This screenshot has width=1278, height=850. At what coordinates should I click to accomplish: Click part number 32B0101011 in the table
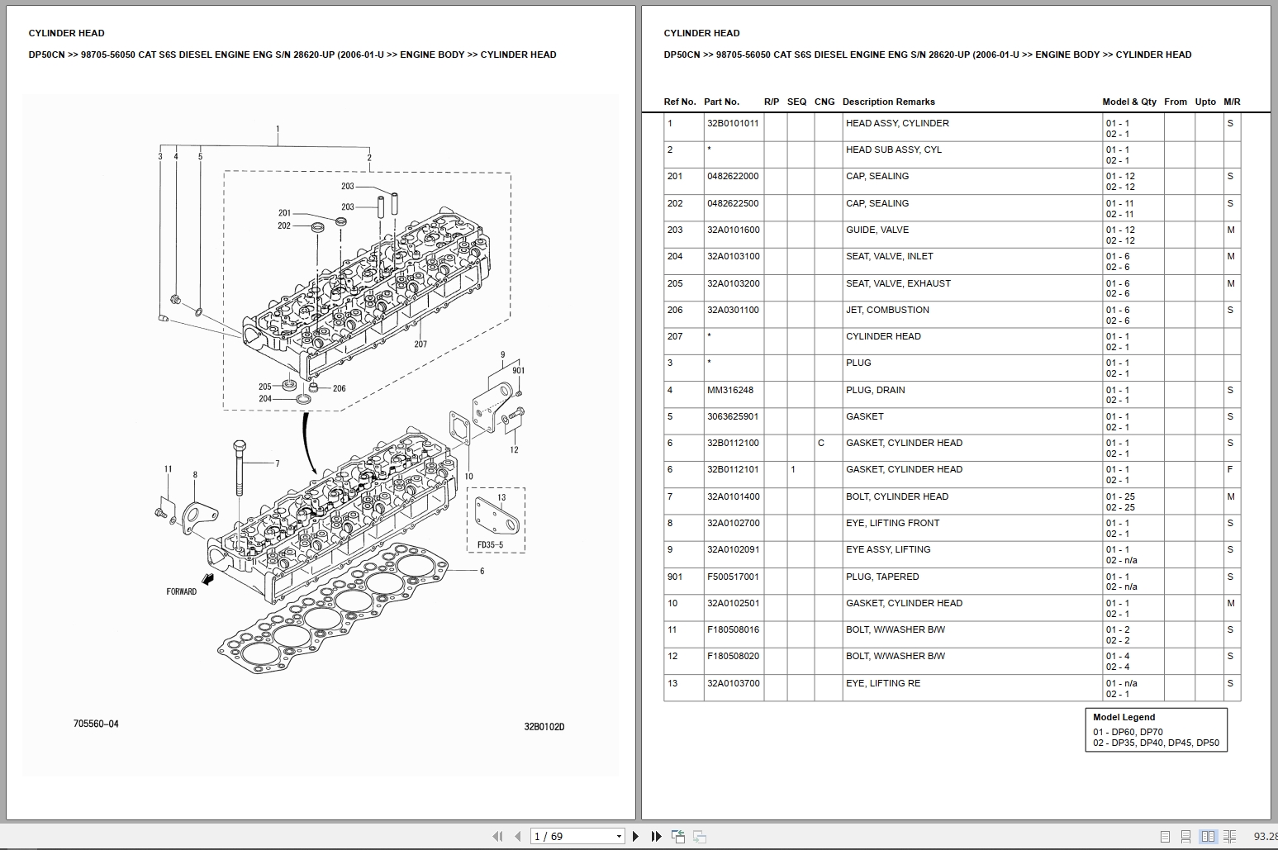coord(733,123)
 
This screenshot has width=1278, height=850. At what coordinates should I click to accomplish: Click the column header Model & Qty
coord(1129,102)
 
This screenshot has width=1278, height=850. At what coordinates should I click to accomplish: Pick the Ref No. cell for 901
coord(675,577)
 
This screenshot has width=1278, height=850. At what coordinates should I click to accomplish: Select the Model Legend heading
coord(1124,717)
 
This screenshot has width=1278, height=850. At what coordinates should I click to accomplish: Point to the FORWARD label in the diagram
coord(182,591)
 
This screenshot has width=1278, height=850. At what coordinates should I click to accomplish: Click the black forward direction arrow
coord(210,580)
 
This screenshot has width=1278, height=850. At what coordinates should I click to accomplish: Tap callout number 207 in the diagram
coord(420,344)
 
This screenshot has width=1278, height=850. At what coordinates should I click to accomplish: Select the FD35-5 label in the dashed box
coord(490,545)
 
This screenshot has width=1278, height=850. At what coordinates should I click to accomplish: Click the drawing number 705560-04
coord(96,724)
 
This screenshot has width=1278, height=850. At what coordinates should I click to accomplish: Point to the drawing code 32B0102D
coord(544,727)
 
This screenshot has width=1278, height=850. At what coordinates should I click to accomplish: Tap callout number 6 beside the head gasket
coord(482,571)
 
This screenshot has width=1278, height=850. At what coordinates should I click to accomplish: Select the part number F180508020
coord(733,656)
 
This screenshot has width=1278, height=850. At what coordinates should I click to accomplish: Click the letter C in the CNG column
coord(821,443)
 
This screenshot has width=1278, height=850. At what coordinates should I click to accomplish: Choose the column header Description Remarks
coord(888,102)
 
